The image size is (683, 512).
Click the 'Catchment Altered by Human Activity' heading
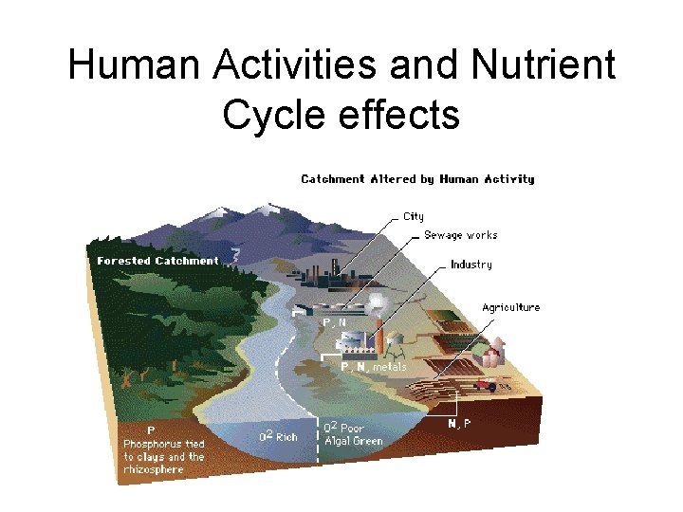click(x=417, y=179)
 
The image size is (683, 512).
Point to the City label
click(x=414, y=216)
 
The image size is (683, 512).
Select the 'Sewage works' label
click(x=460, y=235)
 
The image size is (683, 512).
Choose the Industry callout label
click(x=471, y=265)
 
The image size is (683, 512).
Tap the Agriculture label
click(x=510, y=307)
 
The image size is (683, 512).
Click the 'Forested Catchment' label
click(x=157, y=261)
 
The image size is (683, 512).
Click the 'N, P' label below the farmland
click(x=459, y=424)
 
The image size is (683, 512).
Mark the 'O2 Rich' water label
click(x=279, y=436)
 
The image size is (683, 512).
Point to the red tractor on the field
click(x=488, y=385)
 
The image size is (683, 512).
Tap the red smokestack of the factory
click(x=379, y=333)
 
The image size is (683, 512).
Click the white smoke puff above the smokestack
click(x=377, y=302)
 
